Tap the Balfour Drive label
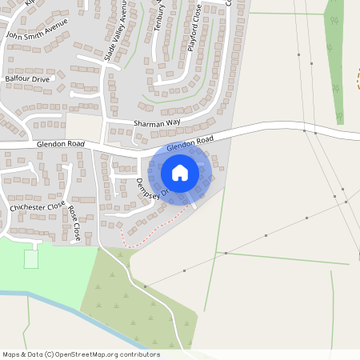(27, 79)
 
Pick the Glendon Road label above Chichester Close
(60, 142)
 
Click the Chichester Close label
(37, 206)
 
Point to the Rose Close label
(74, 224)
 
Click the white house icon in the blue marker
(180, 172)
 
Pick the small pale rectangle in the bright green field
(31, 259)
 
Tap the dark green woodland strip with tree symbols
(334, 56)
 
